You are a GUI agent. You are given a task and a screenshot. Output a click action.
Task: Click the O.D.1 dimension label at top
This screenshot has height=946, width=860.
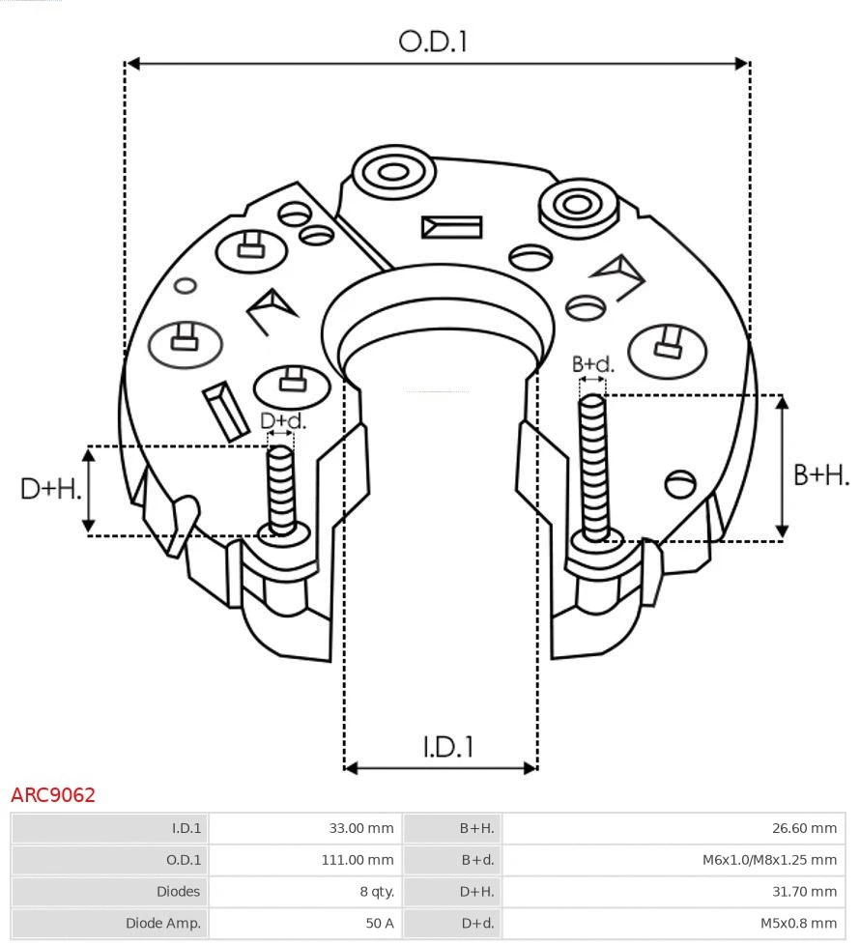(433, 42)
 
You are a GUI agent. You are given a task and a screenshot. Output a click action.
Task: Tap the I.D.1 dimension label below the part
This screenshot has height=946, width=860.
(447, 747)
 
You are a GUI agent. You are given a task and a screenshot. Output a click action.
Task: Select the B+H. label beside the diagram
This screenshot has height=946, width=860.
(821, 474)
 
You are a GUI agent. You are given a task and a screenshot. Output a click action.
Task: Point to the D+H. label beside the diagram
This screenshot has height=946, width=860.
(50, 489)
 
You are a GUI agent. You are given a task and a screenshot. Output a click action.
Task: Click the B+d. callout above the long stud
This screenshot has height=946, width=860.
(592, 364)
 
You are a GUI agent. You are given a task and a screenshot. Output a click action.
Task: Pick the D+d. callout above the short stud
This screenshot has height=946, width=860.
(283, 421)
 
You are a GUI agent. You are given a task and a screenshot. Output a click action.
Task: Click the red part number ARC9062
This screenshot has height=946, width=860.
(53, 795)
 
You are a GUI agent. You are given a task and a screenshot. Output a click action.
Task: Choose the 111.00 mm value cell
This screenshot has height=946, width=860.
(358, 860)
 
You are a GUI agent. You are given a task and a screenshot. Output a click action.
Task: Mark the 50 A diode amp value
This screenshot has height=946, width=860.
(379, 924)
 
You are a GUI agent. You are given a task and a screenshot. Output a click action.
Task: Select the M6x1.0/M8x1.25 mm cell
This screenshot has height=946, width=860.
(769, 860)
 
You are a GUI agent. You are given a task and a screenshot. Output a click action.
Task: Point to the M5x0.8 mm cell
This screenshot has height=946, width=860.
(798, 924)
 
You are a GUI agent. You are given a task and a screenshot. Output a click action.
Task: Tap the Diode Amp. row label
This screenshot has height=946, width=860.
(162, 924)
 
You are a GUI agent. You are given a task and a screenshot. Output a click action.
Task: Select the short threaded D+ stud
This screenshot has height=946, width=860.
(281, 488)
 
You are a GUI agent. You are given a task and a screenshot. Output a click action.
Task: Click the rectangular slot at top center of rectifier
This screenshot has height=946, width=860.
(451, 227)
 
